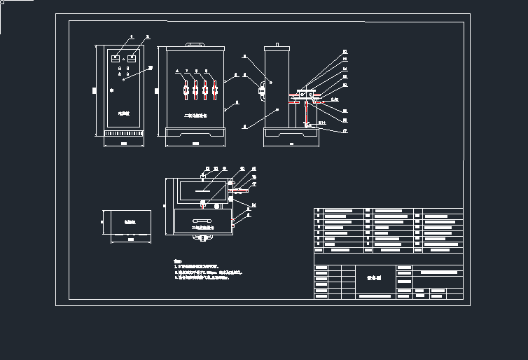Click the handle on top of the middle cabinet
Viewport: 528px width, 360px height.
[194, 44]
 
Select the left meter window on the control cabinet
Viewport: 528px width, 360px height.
[116, 60]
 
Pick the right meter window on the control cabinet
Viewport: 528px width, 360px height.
[131, 60]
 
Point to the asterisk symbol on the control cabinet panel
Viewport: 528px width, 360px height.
[111, 91]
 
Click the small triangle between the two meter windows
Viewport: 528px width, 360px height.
[123, 60]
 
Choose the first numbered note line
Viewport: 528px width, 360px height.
[197, 267]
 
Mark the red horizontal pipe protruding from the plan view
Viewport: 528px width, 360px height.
[239, 190]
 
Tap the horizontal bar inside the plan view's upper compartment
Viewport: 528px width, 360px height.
[204, 189]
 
